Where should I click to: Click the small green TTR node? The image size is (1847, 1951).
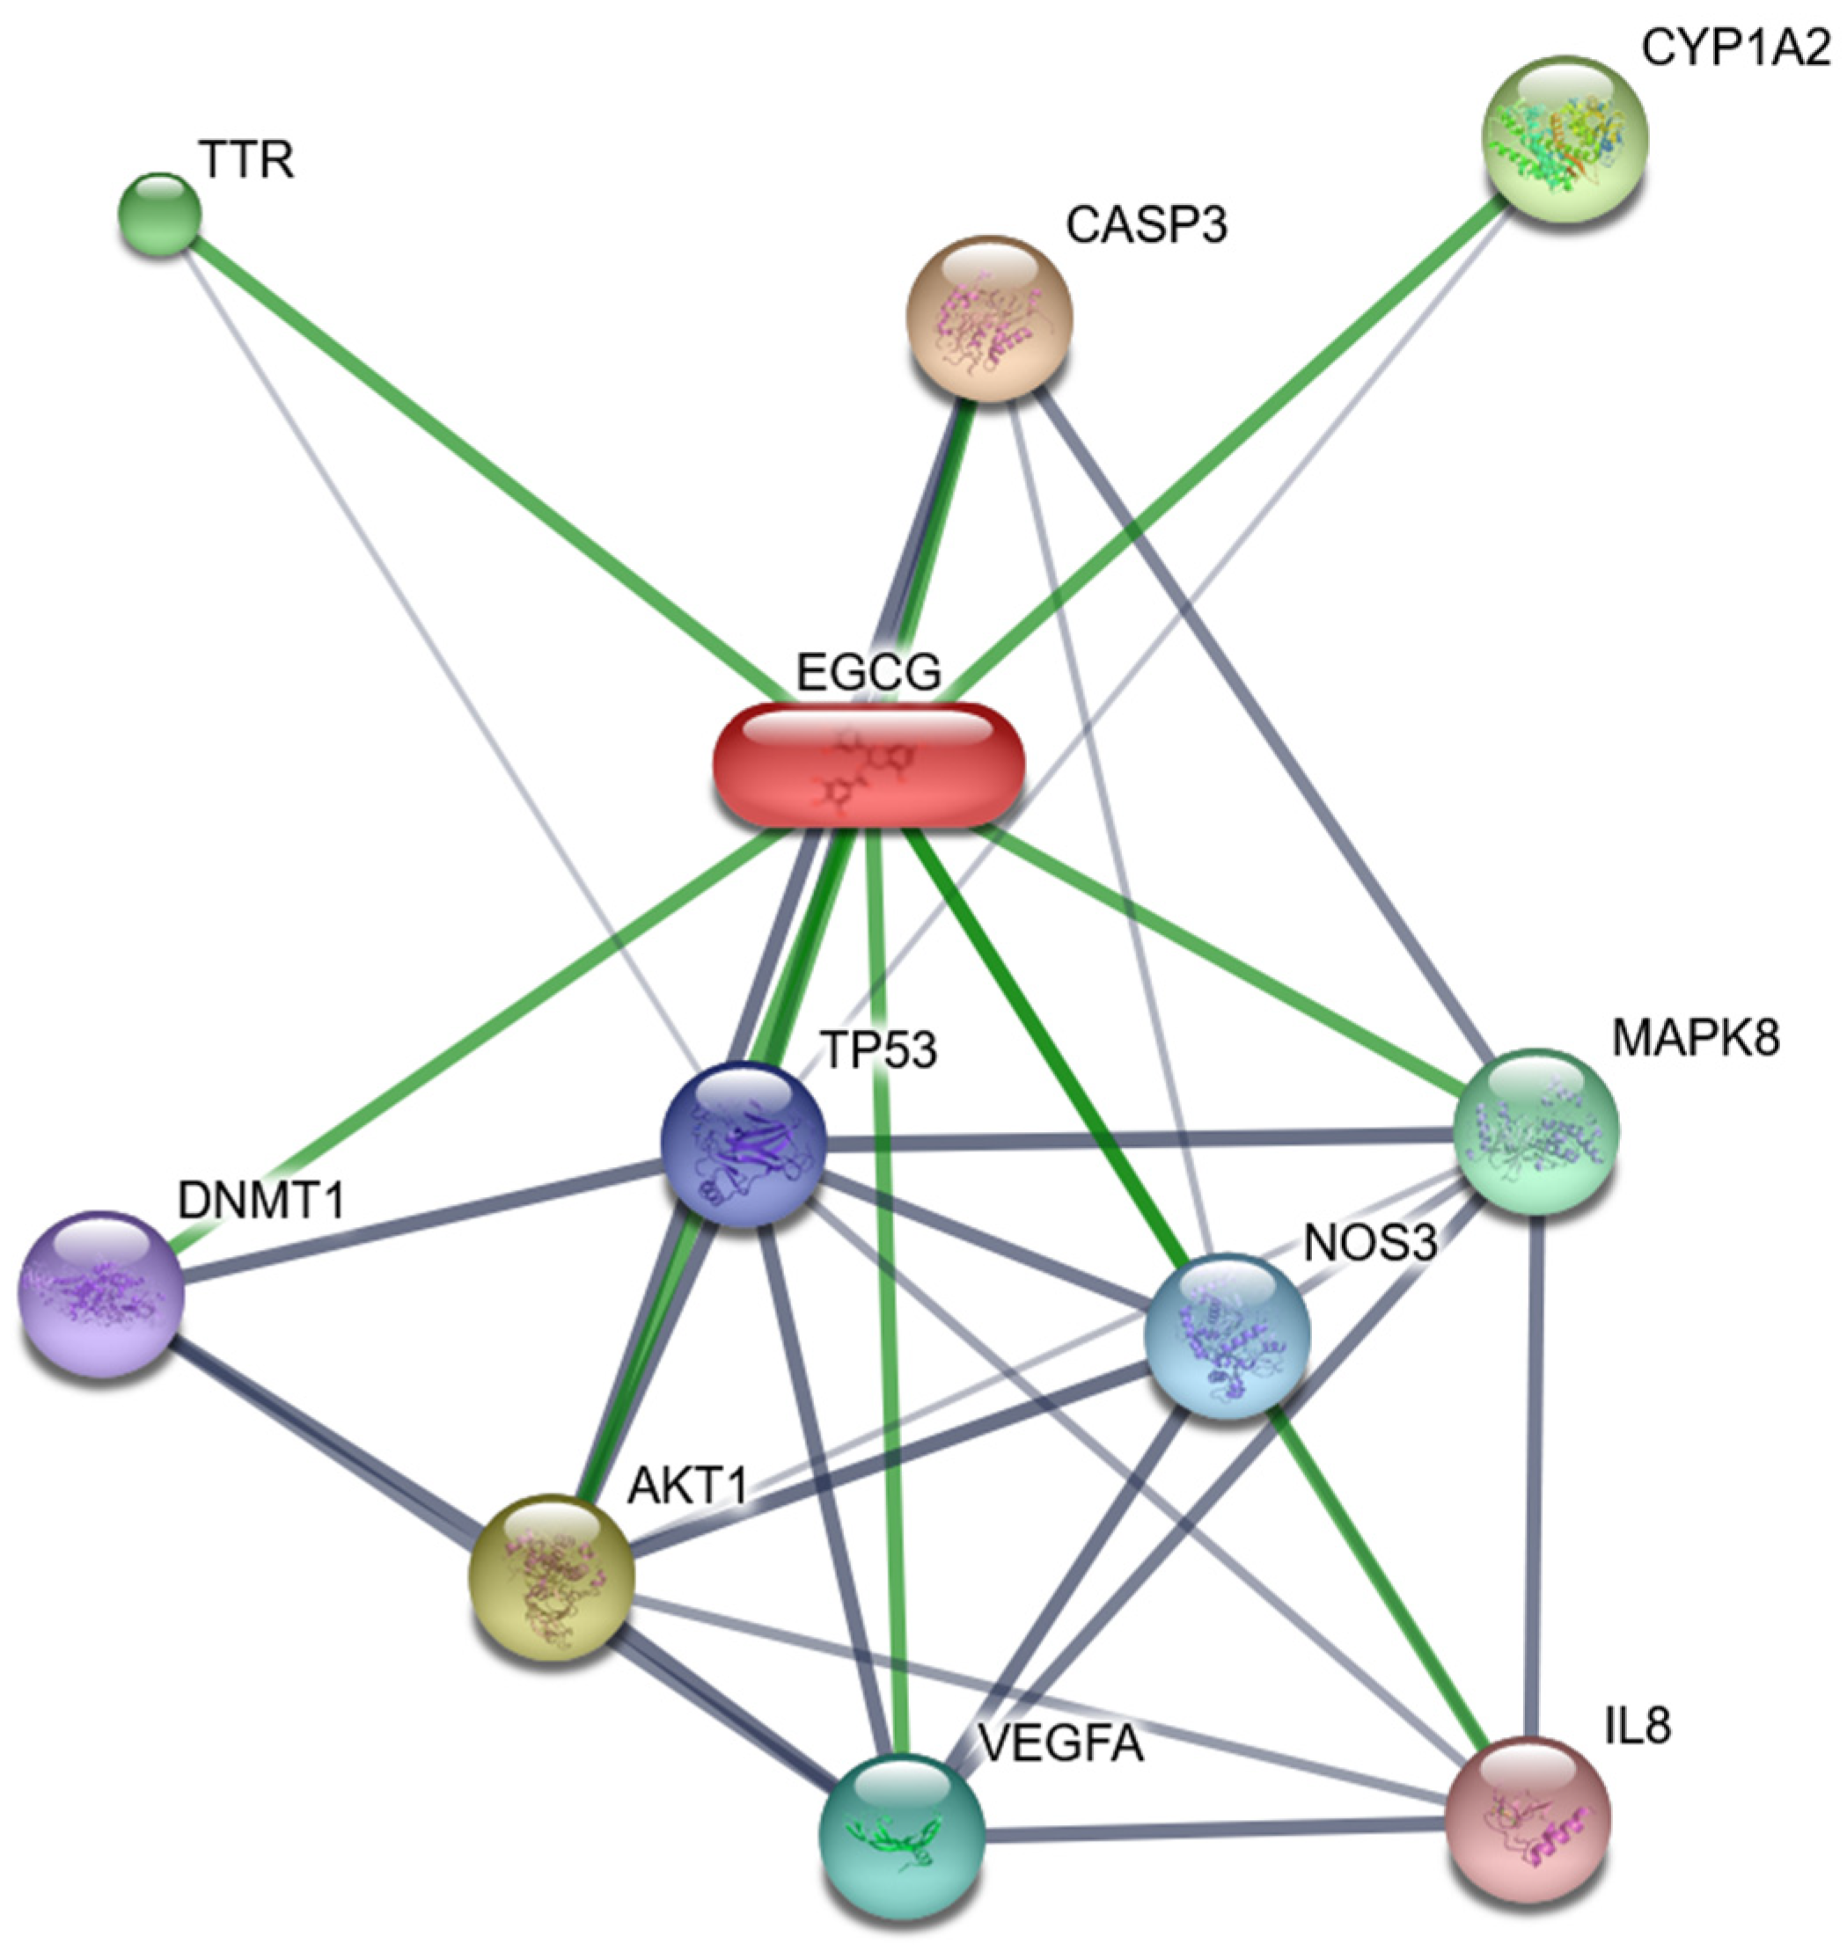point(159,214)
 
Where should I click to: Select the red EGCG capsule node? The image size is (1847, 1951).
point(869,765)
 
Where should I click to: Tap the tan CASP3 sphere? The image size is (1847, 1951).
point(989,318)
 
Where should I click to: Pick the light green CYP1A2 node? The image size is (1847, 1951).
point(1565,139)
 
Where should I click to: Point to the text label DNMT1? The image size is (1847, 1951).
point(261,1200)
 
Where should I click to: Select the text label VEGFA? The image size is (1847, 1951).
point(1061,1745)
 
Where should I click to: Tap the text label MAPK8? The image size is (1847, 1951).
point(1696,1038)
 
